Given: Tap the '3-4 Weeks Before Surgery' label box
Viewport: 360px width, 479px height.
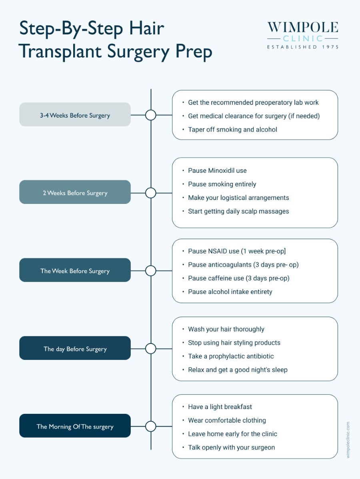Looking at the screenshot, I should click(75, 115).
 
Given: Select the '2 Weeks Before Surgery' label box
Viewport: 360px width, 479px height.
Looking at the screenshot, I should click(75, 193).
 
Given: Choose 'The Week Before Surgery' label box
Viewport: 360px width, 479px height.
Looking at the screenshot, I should click(75, 271).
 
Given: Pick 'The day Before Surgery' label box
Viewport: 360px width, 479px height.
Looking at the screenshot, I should click(75, 349).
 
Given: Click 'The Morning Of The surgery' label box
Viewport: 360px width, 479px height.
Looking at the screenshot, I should click(75, 426).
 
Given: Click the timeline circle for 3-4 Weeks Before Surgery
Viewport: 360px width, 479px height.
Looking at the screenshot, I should click(150, 115).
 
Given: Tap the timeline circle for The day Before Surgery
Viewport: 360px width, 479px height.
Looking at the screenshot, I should click(150, 349).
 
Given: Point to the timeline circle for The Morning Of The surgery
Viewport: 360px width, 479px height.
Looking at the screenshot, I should click(150, 426).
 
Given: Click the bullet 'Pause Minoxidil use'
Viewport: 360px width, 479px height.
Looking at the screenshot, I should click(217, 170).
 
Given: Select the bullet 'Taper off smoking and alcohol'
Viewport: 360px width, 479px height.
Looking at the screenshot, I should click(232, 129).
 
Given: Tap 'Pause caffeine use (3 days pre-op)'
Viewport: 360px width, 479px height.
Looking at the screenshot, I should click(238, 278).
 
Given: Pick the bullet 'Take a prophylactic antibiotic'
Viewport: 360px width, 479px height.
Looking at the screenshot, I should click(231, 356).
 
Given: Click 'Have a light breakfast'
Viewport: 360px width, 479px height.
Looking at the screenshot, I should click(220, 407).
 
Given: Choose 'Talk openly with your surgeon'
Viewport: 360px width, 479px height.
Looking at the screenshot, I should click(231, 447).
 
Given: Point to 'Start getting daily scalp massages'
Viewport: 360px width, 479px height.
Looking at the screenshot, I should click(238, 211).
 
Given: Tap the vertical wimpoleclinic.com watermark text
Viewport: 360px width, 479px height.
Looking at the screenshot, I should click(348, 439).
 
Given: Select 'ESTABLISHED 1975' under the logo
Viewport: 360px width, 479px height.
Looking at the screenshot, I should click(303, 47).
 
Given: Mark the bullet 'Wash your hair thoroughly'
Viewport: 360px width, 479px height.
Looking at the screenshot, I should click(226, 329).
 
